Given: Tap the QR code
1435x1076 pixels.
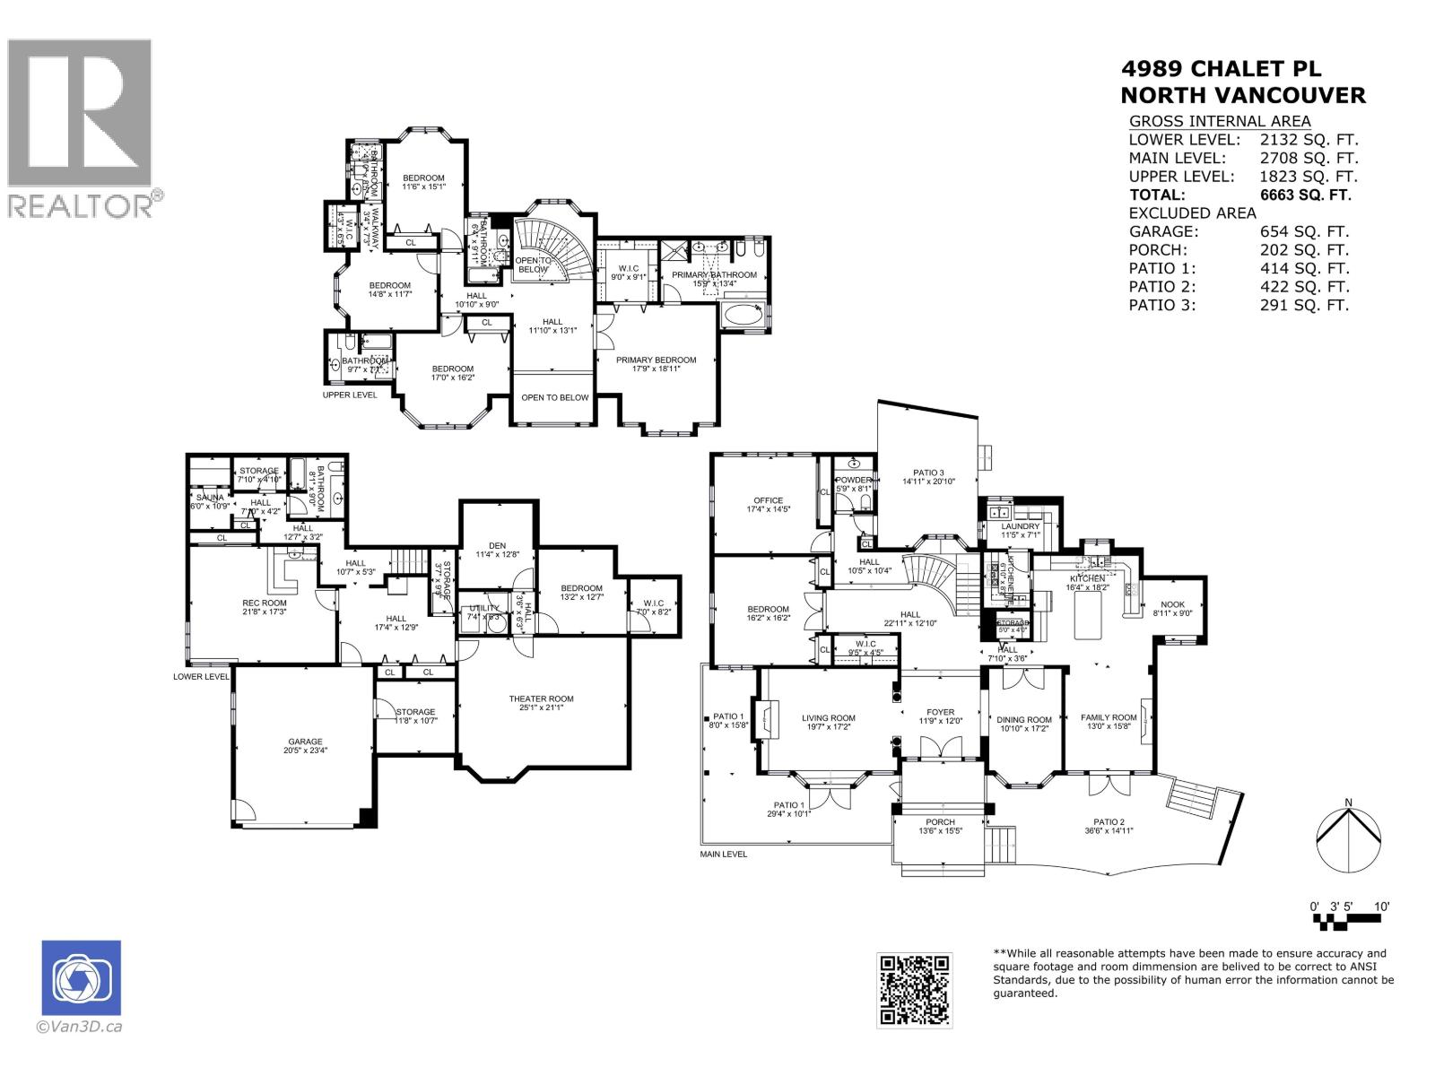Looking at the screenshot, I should [914, 989].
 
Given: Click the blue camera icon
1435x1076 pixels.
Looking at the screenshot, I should [81, 977].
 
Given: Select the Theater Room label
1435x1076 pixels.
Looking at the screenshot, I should [541, 699].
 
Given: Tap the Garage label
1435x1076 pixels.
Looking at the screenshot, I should [305, 742].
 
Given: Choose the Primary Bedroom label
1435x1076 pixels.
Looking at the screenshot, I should [656, 360].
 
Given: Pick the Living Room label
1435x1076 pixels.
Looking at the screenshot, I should [828, 717].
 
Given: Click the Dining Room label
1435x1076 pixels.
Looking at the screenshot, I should [1024, 719].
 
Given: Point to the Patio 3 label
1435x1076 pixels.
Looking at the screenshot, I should [928, 473].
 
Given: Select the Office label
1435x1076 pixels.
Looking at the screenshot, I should [768, 500].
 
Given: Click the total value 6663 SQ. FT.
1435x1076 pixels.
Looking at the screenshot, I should [1305, 195].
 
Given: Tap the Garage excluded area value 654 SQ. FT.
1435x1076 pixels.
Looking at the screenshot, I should [1304, 231].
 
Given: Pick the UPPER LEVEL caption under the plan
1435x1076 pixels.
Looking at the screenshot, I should [350, 395].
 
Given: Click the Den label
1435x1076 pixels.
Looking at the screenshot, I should [497, 545].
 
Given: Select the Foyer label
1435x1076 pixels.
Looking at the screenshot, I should [940, 712].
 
